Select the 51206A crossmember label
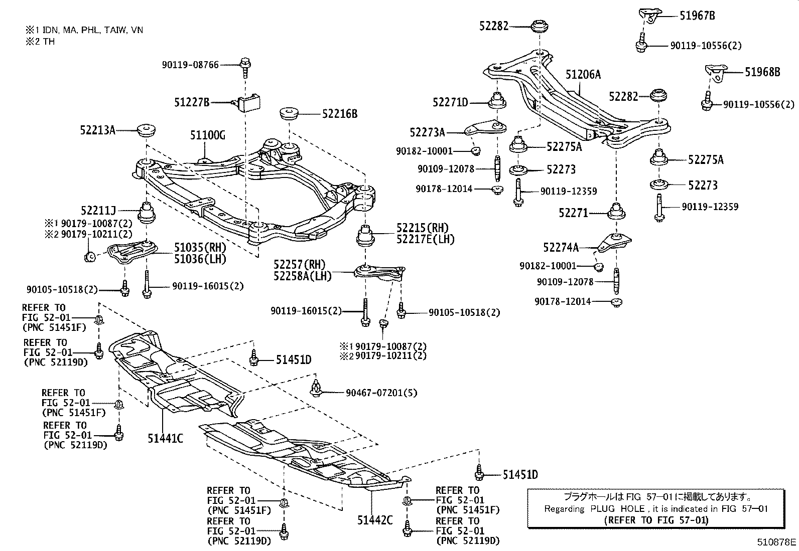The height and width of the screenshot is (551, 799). tap(583, 75)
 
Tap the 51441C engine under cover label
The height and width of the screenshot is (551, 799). tap(165, 439)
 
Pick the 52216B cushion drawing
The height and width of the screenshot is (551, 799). tap(290, 113)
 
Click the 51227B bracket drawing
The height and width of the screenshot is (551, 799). tap(249, 103)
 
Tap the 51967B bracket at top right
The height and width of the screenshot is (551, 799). tap(648, 16)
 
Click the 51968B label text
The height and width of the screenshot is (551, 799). tap(762, 72)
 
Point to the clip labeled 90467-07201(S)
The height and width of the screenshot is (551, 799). tap(316, 388)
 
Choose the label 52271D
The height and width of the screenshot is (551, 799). tap(450, 103)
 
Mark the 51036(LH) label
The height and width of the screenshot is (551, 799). tap(200, 259)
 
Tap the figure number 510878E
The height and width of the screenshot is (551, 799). tap(777, 542)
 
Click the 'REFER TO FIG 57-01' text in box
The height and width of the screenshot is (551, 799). tap(656, 520)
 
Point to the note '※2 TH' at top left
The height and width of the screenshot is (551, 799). tap(40, 42)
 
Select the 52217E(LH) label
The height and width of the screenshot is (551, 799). tap(425, 240)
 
